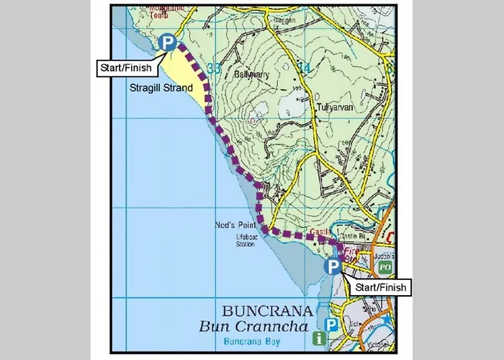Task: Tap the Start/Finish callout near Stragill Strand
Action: click(125, 68)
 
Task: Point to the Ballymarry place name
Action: click(251, 73)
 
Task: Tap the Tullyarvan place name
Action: click(333, 107)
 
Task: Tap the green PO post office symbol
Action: click(385, 266)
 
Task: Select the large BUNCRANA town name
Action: click(268, 312)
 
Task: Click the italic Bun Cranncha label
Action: click(256, 327)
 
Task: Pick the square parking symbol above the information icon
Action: click(332, 325)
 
